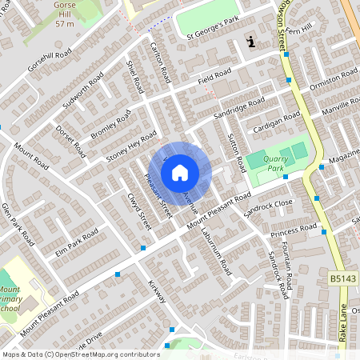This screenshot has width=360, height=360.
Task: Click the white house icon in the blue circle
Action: (180, 172)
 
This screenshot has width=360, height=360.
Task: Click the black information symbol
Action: (252, 42)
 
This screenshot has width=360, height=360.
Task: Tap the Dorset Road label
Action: (70, 140)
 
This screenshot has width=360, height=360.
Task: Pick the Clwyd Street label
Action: (138, 210)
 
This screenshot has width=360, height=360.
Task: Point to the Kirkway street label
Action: (156, 291)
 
